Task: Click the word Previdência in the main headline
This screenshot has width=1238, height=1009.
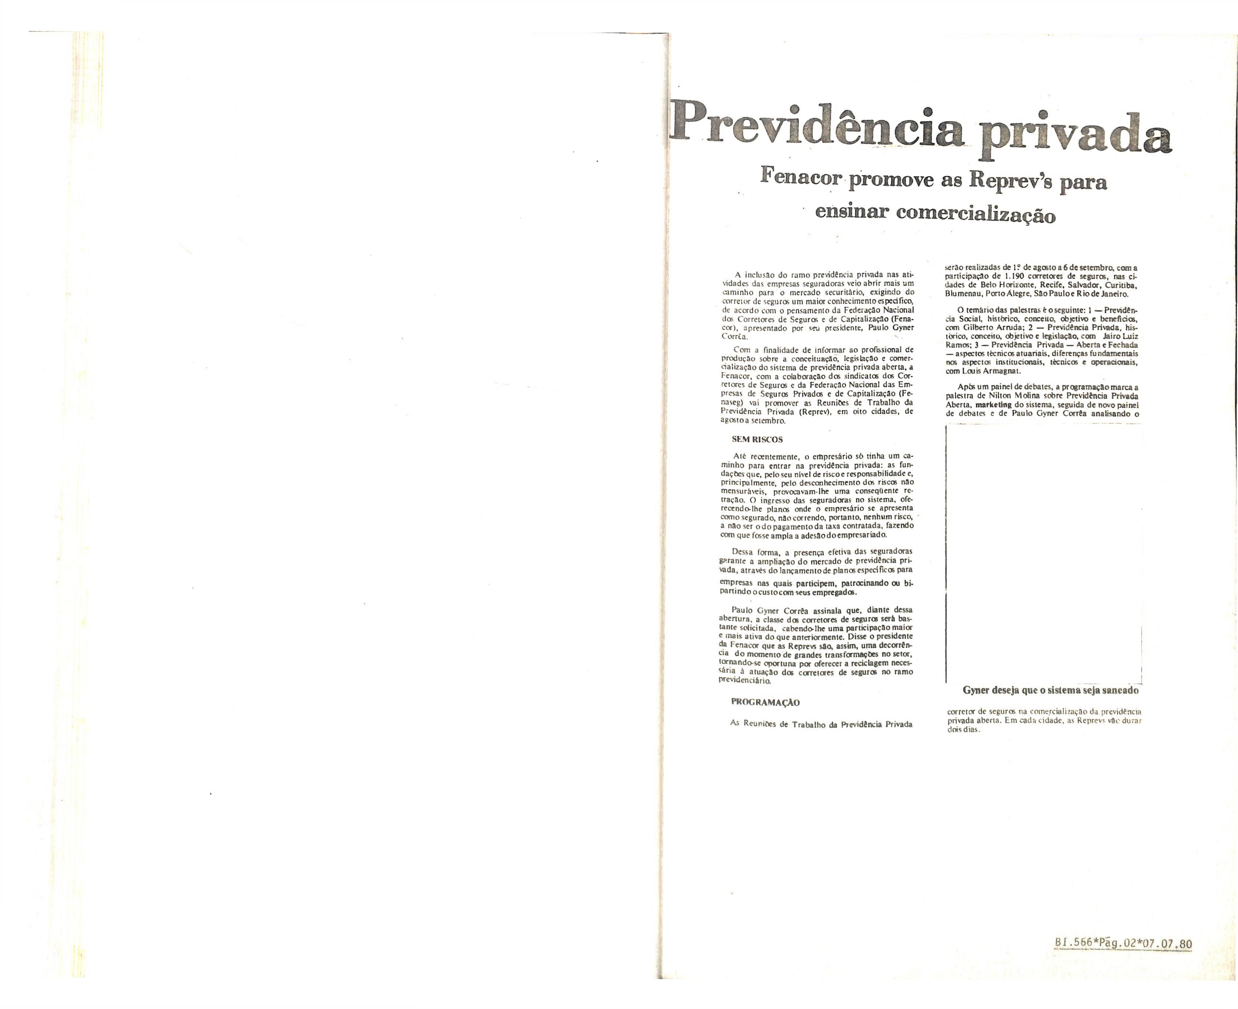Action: (819, 127)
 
